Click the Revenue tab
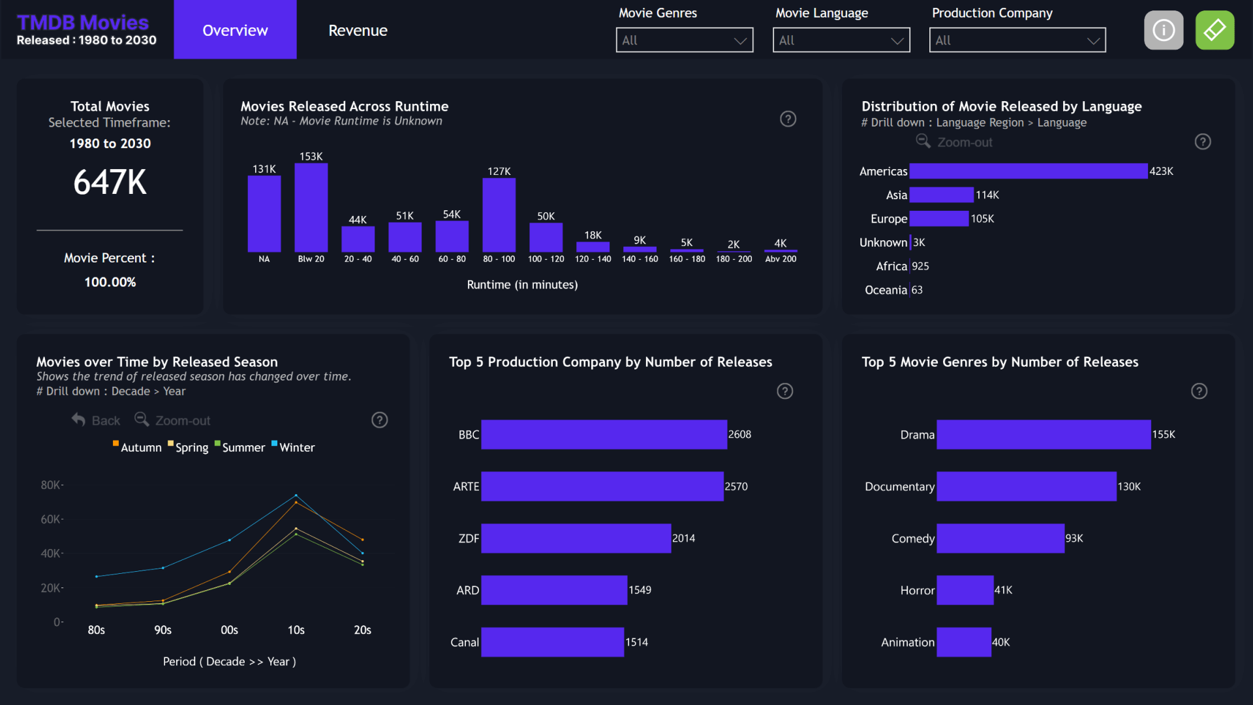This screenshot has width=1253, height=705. (x=358, y=30)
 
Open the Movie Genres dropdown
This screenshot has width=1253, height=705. (x=684, y=40)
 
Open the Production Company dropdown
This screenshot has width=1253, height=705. (x=1017, y=40)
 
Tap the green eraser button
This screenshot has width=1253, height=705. (x=1214, y=30)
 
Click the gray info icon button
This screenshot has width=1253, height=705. (x=1164, y=30)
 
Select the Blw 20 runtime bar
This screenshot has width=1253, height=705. (x=311, y=208)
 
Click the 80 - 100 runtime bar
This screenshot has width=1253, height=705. (x=499, y=215)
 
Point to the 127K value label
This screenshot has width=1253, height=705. (x=499, y=171)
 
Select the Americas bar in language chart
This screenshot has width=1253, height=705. (x=1028, y=171)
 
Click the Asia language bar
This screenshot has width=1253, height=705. (x=941, y=195)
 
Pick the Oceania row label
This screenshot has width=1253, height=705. (x=886, y=290)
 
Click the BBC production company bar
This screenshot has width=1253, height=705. (x=604, y=435)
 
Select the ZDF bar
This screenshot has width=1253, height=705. (x=576, y=539)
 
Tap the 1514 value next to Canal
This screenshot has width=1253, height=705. (x=636, y=642)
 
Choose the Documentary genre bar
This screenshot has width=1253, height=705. (x=1026, y=487)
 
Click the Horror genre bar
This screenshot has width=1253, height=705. (x=965, y=590)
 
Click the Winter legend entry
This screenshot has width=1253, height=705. (x=296, y=448)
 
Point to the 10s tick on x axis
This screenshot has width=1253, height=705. (x=296, y=630)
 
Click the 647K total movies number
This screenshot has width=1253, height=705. (x=110, y=182)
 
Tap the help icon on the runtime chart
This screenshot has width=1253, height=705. (x=788, y=119)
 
